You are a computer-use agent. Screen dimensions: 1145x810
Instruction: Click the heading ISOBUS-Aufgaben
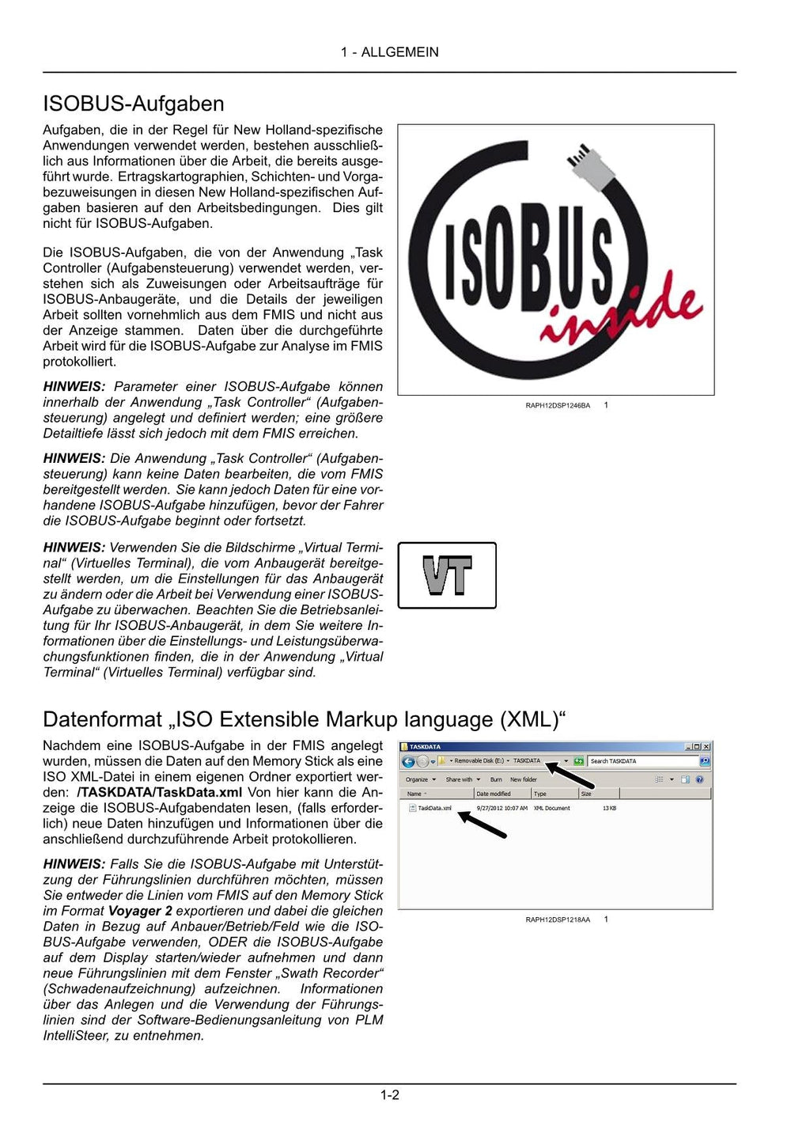[133, 104]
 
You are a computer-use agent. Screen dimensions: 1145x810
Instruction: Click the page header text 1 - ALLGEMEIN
[389, 52]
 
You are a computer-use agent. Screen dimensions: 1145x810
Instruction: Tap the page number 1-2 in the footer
[389, 1095]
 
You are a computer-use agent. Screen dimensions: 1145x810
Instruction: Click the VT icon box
[447, 575]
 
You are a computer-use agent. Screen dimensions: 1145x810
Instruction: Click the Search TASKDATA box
[642, 761]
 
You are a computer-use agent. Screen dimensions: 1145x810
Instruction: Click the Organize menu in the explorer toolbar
[420, 779]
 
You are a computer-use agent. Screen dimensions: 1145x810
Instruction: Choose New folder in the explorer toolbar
[523, 779]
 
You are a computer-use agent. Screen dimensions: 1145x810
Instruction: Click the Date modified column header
[494, 794]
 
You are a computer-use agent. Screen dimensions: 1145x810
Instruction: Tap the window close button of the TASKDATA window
[706, 746]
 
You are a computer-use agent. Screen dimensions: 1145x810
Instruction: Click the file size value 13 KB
[609, 808]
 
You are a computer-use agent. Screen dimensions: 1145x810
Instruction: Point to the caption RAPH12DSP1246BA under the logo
[558, 406]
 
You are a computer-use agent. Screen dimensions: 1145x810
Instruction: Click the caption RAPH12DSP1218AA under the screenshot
[558, 920]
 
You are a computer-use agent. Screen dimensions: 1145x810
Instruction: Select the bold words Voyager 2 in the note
[140, 911]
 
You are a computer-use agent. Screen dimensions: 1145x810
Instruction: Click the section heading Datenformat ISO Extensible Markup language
[305, 719]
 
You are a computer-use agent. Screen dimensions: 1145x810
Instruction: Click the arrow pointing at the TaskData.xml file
[483, 825]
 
